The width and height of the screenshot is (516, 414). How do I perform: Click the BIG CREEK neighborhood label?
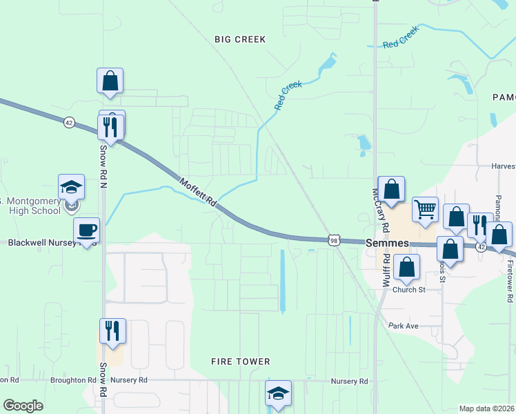tap(239, 39)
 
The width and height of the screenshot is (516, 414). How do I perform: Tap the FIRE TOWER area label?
tap(240, 362)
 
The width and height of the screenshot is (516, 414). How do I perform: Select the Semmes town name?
tap(388, 244)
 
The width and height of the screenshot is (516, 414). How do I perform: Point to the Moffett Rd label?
tap(199, 193)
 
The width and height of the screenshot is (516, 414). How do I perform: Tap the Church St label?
tap(409, 290)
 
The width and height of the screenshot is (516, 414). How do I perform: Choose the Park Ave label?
tap(404, 326)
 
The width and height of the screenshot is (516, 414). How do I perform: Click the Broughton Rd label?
tap(73, 380)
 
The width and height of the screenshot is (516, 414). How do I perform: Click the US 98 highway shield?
tap(334, 240)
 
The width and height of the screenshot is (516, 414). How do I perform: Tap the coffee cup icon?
tap(87, 230)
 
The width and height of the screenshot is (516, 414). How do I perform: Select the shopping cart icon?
tap(425, 208)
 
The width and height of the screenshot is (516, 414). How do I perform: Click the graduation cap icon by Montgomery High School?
tap(71, 186)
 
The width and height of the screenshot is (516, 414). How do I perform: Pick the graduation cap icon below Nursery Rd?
tap(278, 393)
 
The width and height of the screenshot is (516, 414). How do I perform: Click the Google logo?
tap(23, 406)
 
